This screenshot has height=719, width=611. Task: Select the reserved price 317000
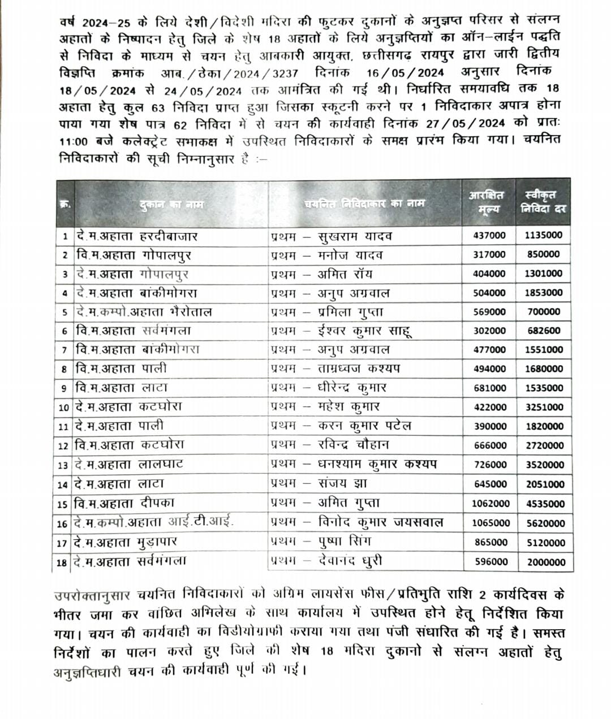[489, 254]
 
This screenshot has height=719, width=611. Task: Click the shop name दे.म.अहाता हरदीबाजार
[136, 236]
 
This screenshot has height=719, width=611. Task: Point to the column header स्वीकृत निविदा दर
[543, 202]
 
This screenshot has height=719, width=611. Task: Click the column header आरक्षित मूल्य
[486, 202]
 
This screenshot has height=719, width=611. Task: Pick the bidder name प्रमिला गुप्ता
[350, 312]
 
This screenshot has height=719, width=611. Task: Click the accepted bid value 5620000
[545, 523]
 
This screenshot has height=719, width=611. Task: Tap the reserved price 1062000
[487, 504]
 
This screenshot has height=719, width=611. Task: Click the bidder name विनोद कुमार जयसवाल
[380, 523]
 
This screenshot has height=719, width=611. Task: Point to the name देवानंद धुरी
[350, 561]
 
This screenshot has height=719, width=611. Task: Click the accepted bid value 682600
[543, 331]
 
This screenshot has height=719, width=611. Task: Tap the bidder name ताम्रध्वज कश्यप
[359, 369]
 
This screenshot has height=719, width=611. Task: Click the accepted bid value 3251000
[544, 407]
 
